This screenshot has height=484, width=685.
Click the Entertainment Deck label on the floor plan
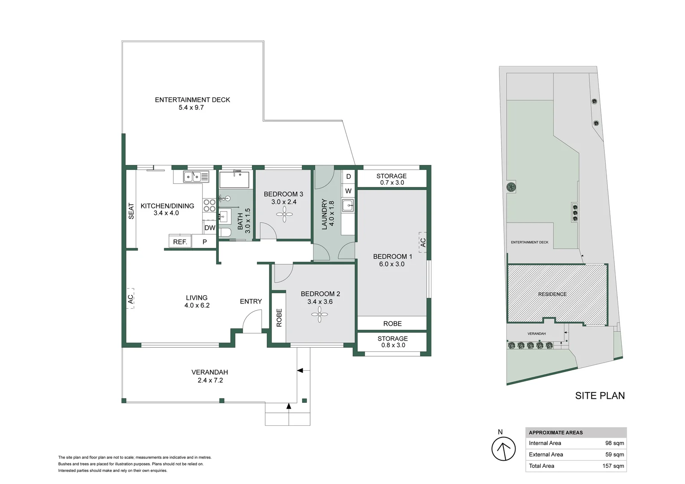(x=192, y=100)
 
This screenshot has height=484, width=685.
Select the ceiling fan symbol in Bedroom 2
(x=319, y=317)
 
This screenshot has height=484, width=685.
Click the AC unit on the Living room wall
(x=130, y=298)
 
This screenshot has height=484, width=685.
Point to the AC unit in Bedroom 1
(x=422, y=242)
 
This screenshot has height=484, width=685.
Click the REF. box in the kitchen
(x=180, y=242)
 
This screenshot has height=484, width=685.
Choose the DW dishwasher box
(x=210, y=228)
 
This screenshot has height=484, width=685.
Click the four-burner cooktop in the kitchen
(x=209, y=205)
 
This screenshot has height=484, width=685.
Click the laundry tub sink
(x=347, y=206)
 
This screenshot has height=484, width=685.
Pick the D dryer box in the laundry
(x=348, y=177)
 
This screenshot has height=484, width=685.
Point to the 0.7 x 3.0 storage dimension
(x=392, y=183)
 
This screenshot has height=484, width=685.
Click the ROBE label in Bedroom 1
(x=392, y=324)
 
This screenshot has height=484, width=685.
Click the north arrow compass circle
(x=503, y=449)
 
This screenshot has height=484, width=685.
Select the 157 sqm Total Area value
(x=613, y=466)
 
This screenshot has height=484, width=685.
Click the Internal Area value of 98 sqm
(x=614, y=443)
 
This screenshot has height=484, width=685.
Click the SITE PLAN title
(x=600, y=396)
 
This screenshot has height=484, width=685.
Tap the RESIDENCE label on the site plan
(x=552, y=294)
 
